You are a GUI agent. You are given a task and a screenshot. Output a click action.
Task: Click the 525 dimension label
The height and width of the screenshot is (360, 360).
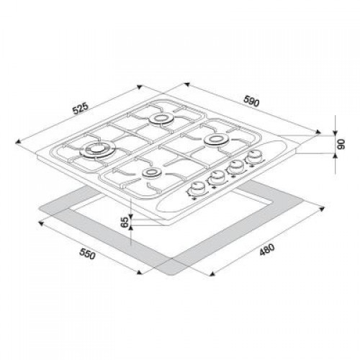point(81,109)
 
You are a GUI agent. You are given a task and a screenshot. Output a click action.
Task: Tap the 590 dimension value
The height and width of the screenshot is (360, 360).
point(251,101)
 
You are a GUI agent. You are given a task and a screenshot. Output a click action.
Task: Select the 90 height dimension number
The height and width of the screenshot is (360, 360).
point(341,144)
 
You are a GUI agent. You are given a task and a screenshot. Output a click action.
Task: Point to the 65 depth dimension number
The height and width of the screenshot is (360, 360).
point(125,222)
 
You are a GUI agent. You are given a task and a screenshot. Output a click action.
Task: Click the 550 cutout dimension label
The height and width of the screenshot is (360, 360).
point(88,254)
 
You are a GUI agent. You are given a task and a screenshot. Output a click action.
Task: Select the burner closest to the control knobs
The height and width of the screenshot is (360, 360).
point(216,139)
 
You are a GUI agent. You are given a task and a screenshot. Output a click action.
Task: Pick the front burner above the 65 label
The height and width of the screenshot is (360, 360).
point(150,173)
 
